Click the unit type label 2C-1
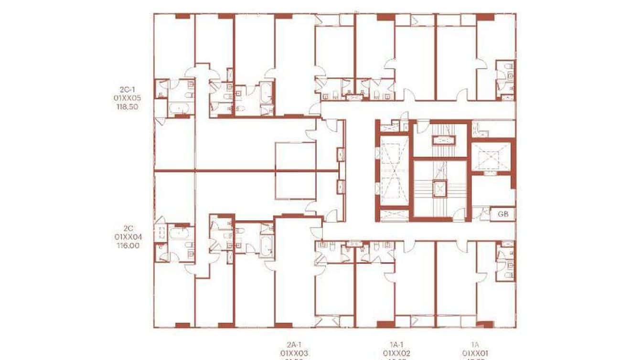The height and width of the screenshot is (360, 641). point(127,89)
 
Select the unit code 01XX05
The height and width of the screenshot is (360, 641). point(127,98)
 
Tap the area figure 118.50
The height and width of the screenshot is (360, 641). point(127,107)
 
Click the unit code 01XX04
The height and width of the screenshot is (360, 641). point(127,236)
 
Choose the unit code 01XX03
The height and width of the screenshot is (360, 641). point(294,353)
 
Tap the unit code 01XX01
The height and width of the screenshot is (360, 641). point(475,353)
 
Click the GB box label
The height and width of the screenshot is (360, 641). point(503,214)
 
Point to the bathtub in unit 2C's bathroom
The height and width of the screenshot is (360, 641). point(180,234)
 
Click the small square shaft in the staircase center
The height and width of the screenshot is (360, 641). point(439,188)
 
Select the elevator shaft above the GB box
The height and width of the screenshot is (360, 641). point(491,156)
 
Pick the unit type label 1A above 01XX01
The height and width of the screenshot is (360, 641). point(475,344)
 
